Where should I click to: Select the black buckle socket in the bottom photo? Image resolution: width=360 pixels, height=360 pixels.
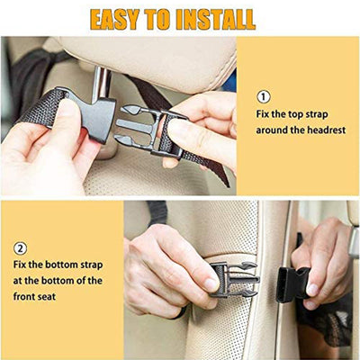pos(294,283)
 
